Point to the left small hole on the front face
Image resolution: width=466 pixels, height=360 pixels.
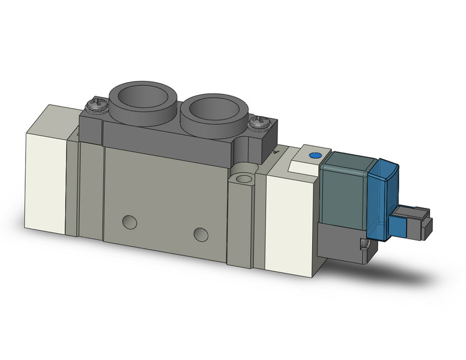point(129,221)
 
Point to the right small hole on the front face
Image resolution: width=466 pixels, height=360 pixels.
point(200,233)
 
